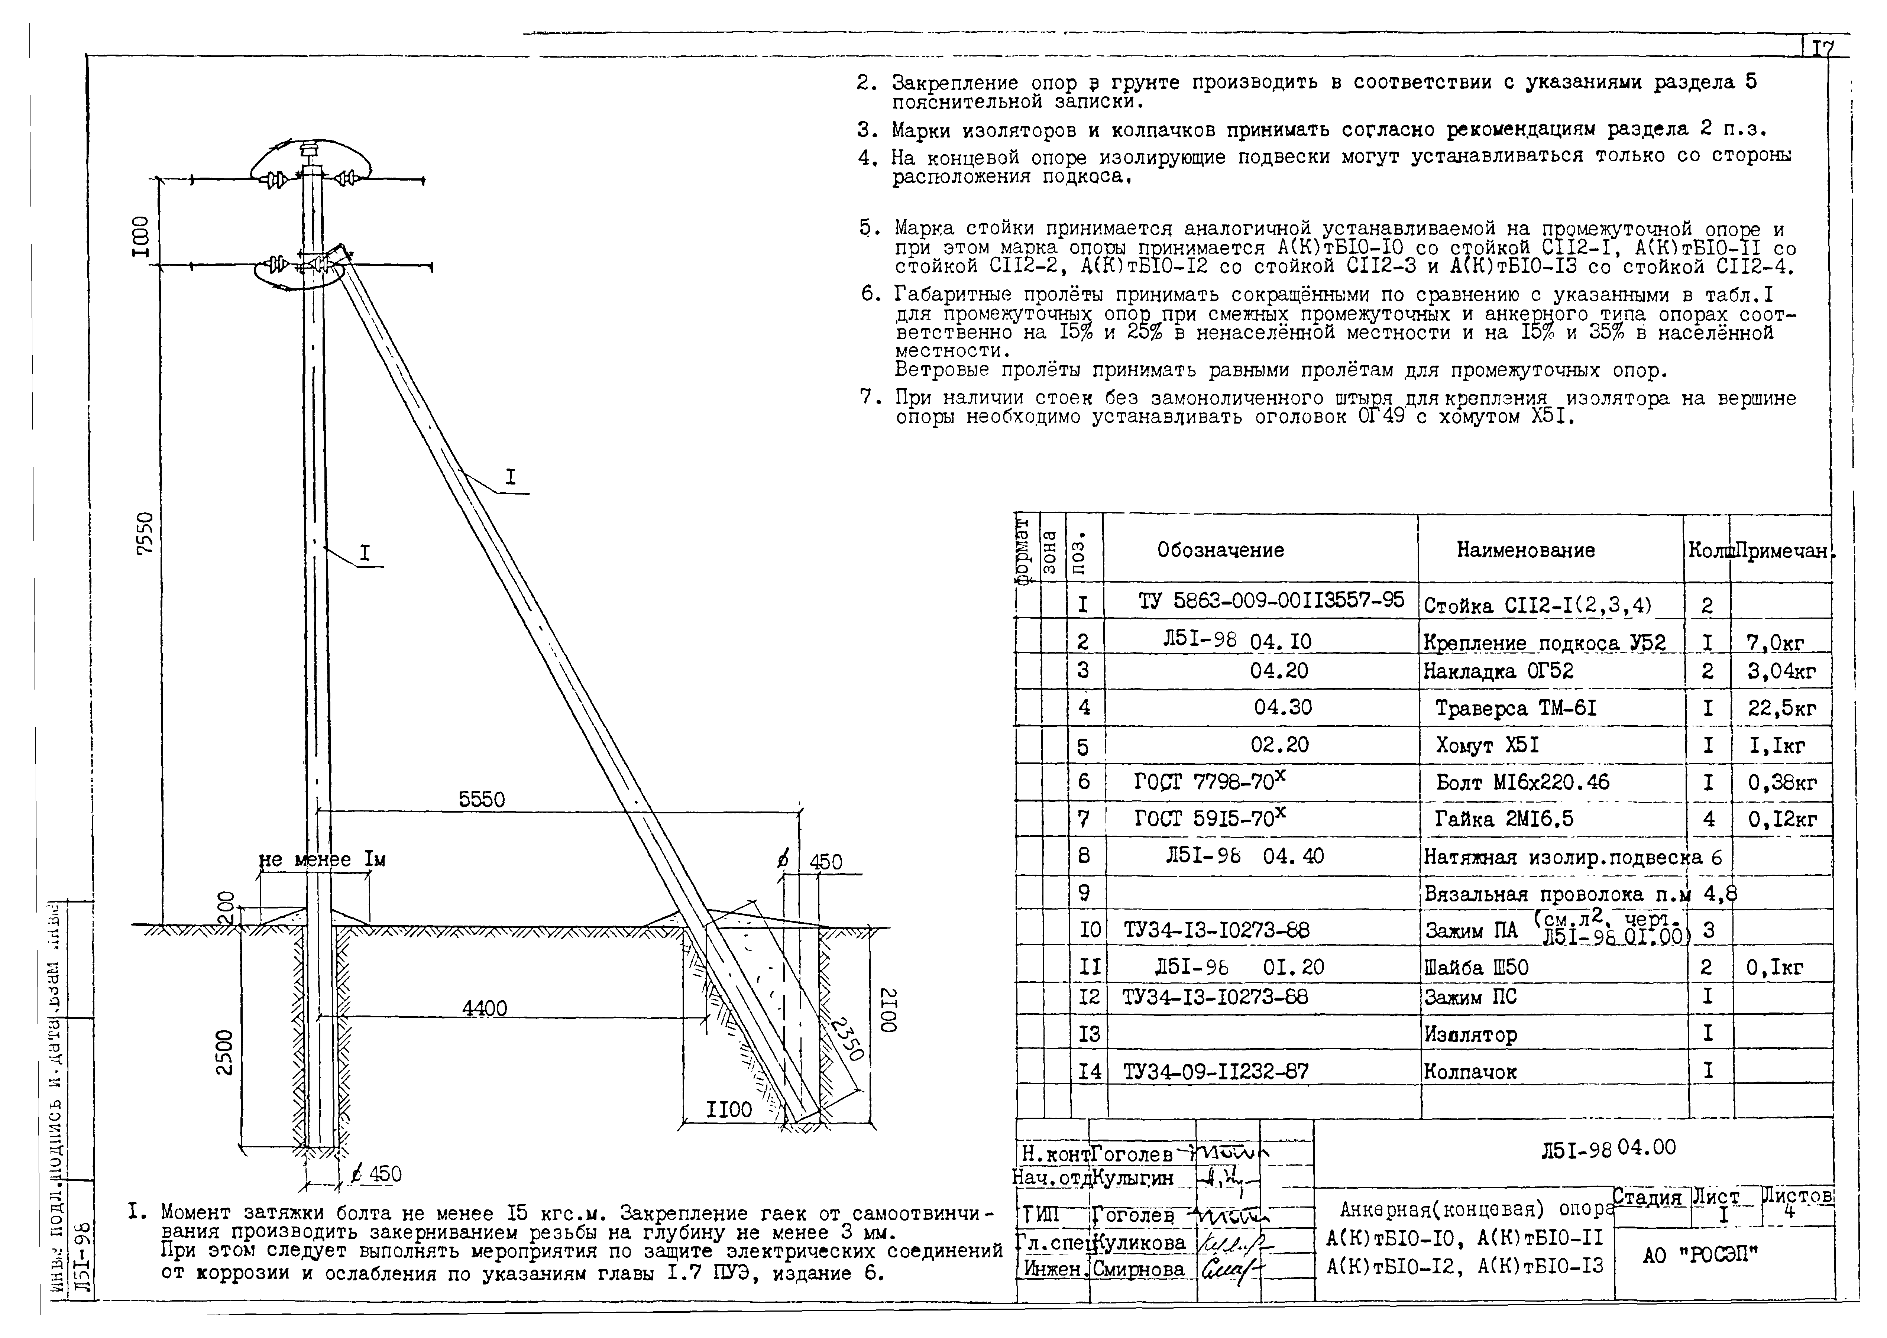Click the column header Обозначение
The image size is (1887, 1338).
(1220, 550)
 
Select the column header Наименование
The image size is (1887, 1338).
(1525, 550)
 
